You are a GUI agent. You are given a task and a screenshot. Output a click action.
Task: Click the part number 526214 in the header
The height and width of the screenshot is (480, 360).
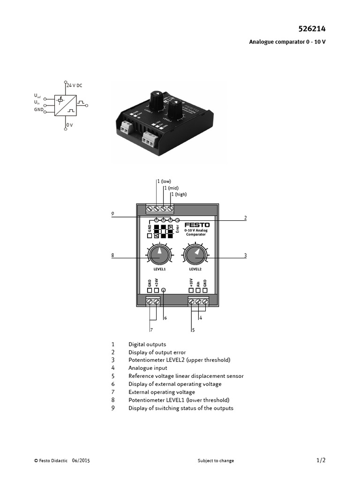click(312, 29)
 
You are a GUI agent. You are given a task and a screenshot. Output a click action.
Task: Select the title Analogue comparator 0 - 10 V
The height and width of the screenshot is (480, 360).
click(287, 42)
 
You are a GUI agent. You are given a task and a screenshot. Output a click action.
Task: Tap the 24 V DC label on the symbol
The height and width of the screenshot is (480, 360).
click(74, 85)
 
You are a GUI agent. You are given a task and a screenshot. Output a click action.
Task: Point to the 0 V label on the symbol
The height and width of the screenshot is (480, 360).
click(69, 125)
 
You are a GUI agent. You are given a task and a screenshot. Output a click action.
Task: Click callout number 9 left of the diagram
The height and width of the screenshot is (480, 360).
click(112, 214)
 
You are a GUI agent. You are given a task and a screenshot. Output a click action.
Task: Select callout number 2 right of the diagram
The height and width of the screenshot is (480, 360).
click(245, 218)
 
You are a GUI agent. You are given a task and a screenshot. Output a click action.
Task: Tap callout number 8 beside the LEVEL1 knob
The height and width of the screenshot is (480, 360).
click(112, 255)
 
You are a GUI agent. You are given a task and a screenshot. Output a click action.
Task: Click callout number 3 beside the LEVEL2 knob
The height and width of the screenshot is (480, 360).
click(245, 255)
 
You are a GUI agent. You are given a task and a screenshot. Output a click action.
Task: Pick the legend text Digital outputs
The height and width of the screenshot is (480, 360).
click(147, 345)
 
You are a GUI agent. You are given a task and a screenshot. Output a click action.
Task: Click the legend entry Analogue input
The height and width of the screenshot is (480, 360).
click(148, 368)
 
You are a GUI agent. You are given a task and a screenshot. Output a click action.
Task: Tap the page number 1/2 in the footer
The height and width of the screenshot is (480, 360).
click(321, 460)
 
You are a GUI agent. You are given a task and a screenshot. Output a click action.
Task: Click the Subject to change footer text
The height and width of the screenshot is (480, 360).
click(216, 461)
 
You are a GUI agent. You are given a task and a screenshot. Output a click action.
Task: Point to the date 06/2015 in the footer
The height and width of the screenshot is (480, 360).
click(81, 461)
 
